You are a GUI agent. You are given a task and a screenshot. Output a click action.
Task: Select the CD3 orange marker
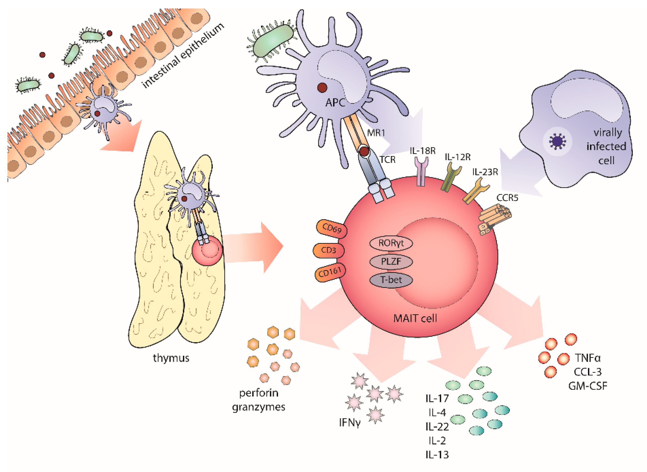tap(329, 250)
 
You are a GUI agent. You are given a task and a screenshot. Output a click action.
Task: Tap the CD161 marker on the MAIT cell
tap(330, 272)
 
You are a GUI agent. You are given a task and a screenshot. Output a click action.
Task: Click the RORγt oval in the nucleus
tap(391, 243)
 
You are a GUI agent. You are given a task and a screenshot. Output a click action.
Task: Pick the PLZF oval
tap(391, 261)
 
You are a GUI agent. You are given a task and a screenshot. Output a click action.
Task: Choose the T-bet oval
tap(391, 280)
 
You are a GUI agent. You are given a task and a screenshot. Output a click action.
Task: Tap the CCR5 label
tap(507, 198)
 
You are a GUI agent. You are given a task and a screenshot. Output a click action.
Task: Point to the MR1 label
tap(376, 133)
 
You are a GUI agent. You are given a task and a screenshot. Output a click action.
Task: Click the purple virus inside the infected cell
tap(557, 142)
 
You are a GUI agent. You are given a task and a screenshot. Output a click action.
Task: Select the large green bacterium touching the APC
tap(273, 41)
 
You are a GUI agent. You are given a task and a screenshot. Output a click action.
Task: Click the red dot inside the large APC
tap(322, 87)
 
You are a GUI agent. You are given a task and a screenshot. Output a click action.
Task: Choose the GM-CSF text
tap(588, 386)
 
